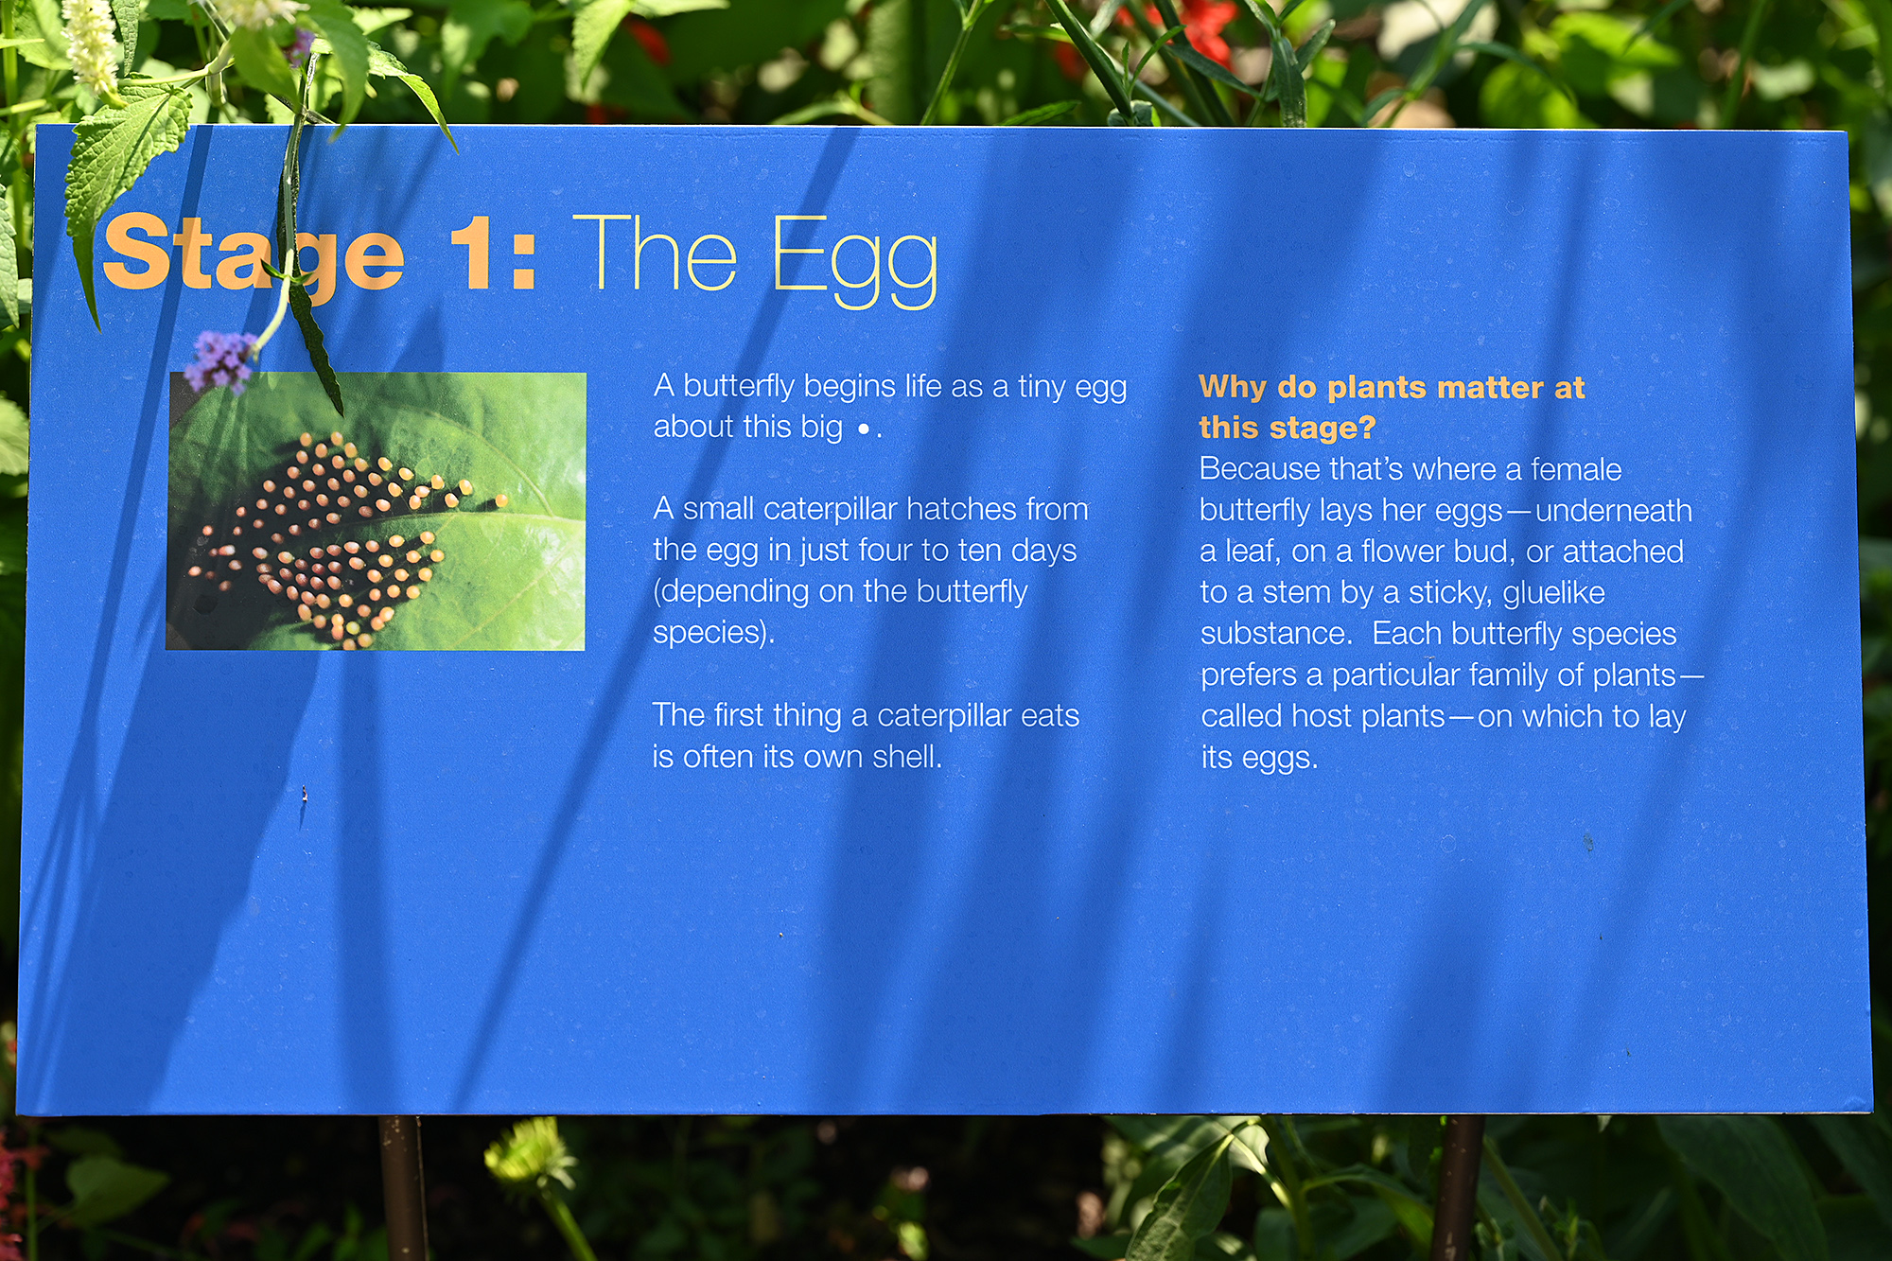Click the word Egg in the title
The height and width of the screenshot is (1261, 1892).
[855, 261]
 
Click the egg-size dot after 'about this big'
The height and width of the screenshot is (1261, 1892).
[863, 429]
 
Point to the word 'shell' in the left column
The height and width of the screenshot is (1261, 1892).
[904, 756]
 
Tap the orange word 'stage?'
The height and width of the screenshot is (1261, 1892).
[1322, 429]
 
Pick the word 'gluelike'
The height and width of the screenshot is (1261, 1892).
[1553, 593]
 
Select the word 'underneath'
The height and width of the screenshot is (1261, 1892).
[1613, 510]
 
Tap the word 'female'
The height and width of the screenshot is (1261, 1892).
[1576, 468]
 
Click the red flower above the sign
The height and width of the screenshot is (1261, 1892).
[1203, 28]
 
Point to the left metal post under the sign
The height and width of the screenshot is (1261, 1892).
[402, 1188]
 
